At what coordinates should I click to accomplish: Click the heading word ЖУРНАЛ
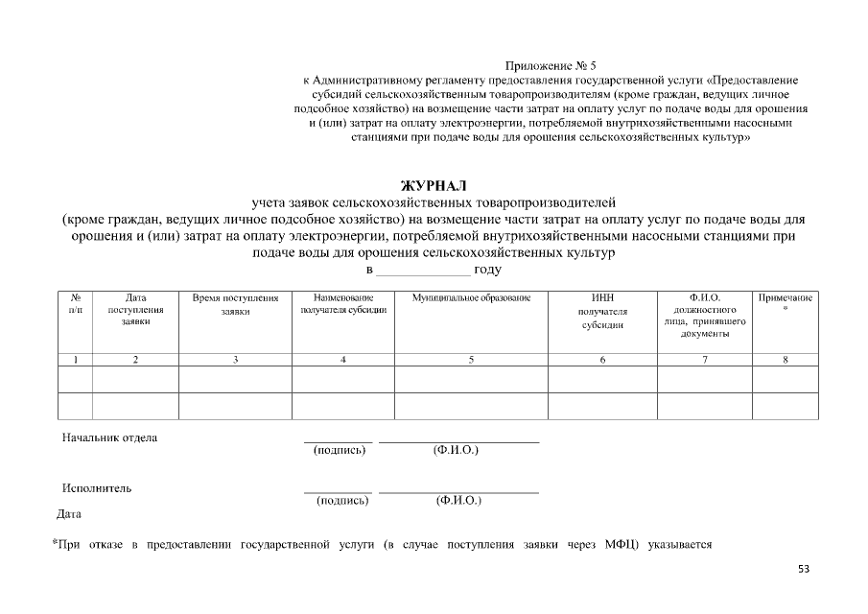click(433, 184)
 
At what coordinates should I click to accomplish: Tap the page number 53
click(803, 569)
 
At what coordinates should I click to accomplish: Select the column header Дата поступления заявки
click(135, 310)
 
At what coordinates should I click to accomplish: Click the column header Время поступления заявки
click(235, 304)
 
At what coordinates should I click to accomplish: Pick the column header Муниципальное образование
click(471, 298)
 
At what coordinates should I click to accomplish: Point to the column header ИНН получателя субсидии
click(602, 311)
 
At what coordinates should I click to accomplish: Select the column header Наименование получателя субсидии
click(342, 304)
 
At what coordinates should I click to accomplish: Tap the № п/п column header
click(75, 304)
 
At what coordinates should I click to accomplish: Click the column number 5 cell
click(471, 360)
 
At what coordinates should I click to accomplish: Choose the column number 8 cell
click(785, 360)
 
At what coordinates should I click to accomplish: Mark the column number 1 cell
click(75, 360)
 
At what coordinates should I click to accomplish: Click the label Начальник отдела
click(109, 437)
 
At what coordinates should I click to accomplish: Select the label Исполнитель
click(97, 487)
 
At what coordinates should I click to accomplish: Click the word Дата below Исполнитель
click(69, 513)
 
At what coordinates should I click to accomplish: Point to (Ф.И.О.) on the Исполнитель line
click(457, 500)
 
